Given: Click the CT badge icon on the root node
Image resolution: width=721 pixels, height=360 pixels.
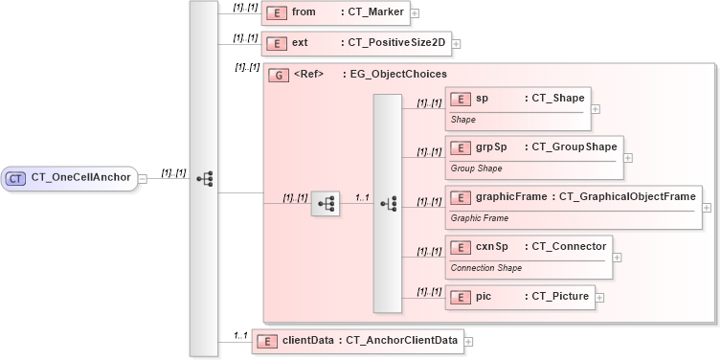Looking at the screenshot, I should [16, 178].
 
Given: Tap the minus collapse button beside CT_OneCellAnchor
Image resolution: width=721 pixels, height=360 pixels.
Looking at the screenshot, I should [142, 177].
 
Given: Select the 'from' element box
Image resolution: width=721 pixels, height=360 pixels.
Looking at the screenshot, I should [335, 12].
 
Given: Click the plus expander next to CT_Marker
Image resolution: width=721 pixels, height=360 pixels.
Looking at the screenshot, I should [415, 13].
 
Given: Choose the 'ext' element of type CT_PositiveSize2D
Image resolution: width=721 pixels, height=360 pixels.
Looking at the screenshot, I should [355, 43].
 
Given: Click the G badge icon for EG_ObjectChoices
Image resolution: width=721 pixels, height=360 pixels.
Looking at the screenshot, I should [280, 75].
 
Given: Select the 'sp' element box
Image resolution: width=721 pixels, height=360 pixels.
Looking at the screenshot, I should [517, 107].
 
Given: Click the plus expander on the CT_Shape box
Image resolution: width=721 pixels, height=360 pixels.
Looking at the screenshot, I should [596, 108].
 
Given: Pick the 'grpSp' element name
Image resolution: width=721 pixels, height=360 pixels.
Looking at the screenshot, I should [491, 146].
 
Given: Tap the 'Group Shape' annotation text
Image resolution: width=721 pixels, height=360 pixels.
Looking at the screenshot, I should [476, 169].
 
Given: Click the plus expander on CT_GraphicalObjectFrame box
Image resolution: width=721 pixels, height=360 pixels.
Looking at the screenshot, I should [708, 207].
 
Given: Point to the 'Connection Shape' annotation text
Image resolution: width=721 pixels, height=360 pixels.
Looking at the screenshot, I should [486, 268].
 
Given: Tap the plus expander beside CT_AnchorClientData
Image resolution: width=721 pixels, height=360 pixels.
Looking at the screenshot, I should [469, 341].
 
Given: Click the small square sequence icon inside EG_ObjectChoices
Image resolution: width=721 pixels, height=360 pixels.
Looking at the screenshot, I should [326, 204].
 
